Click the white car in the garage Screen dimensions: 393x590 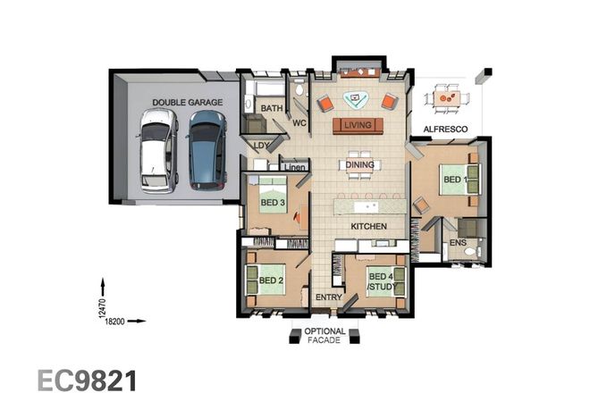point(156,150)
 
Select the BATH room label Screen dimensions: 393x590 point(272,109)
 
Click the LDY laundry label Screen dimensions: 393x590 point(261,145)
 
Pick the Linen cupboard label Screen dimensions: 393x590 point(294,167)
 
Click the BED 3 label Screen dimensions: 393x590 point(273,203)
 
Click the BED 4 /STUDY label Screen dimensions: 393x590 point(380,281)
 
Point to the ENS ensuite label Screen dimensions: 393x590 point(458,242)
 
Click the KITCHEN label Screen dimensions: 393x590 point(368,227)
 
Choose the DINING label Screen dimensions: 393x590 point(358,164)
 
